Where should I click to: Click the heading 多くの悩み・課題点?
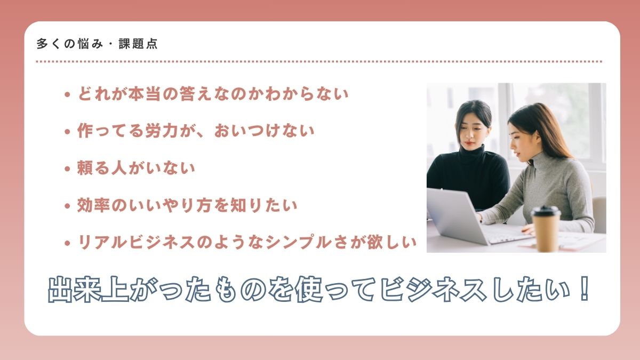[97, 44]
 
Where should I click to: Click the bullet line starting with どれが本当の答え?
[213, 94]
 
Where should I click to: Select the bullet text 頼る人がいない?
[136, 168]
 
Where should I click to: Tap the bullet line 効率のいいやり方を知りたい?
[187, 205]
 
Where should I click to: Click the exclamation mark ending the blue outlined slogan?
[583, 289]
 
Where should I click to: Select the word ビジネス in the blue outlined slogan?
[434, 289]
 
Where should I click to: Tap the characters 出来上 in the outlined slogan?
[89, 289]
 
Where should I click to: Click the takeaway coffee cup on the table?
[546, 229]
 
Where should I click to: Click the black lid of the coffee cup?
[546, 211]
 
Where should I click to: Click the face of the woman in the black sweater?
[473, 132]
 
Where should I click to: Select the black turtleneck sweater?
[469, 177]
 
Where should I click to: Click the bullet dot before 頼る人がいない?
[67, 169]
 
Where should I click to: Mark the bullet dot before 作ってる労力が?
[67, 132]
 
